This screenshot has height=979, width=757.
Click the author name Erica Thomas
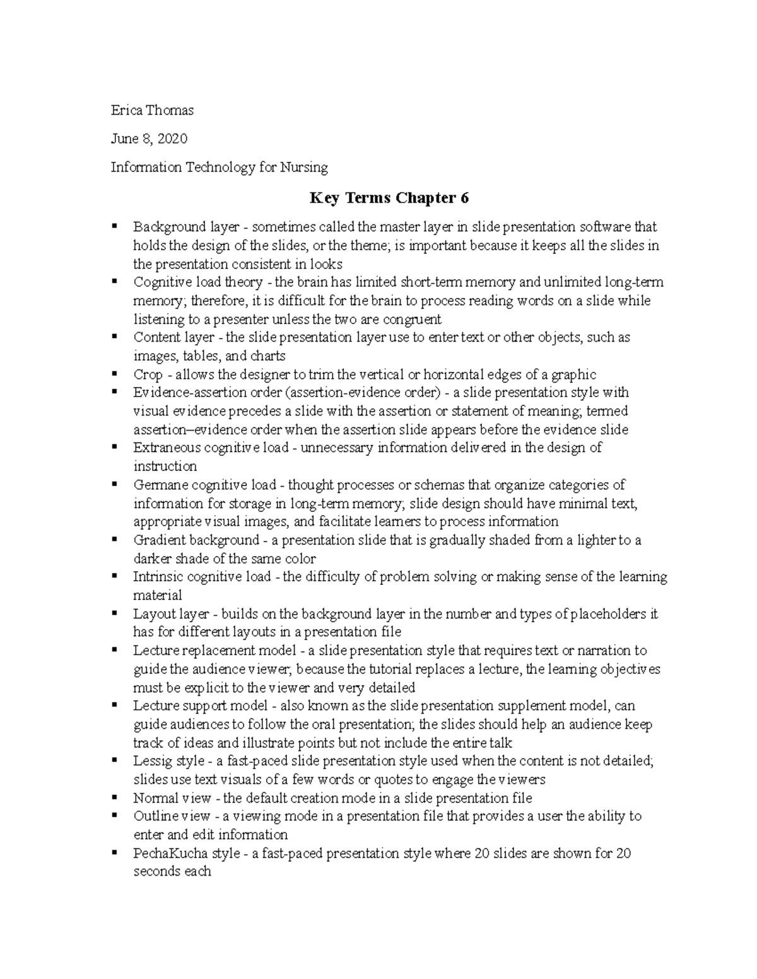pyautogui.click(x=152, y=110)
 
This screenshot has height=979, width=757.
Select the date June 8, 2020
pyautogui.click(x=149, y=139)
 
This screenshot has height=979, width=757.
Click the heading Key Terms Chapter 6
pyautogui.click(x=389, y=198)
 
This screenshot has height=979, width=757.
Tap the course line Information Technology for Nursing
pyautogui.click(x=220, y=167)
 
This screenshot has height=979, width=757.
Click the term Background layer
pyautogui.click(x=170, y=227)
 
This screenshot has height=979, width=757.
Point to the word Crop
pyautogui.click(x=148, y=374)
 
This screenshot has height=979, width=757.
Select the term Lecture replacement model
pyautogui.click(x=214, y=651)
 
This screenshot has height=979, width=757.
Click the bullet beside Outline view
pyautogui.click(x=114, y=815)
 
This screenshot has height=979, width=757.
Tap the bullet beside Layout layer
pyautogui.click(x=114, y=613)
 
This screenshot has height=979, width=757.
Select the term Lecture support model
pyautogui.click(x=205, y=706)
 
